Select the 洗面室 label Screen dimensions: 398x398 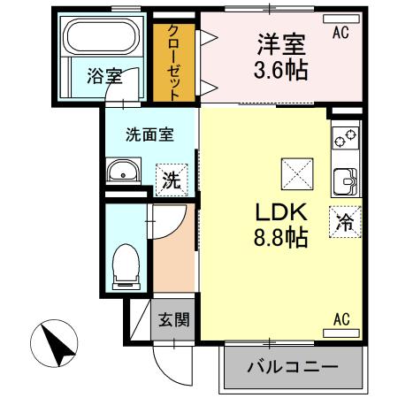coord(149,135)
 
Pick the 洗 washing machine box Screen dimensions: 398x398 coord(171,180)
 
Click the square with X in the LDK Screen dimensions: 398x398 coord(295,171)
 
